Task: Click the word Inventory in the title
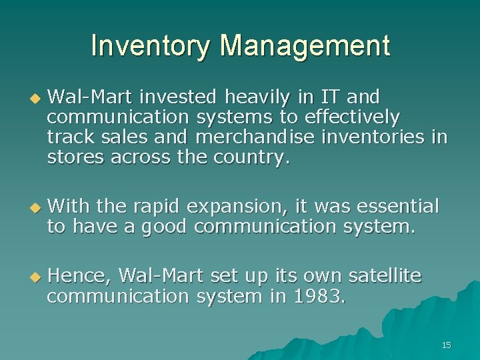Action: click(150, 46)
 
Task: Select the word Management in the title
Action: click(305, 46)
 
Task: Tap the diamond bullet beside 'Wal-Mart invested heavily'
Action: click(35, 99)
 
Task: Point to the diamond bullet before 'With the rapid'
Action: click(35, 208)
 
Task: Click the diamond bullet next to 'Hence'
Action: click(35, 277)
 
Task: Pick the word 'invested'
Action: click(178, 97)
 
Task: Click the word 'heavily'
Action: click(257, 97)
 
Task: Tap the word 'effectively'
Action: click(352, 117)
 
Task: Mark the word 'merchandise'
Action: click(255, 137)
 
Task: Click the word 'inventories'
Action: click(373, 137)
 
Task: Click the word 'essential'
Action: click(398, 206)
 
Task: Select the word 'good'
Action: click(164, 227)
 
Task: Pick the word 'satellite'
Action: click(385, 275)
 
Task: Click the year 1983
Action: click(317, 296)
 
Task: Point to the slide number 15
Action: click(446, 345)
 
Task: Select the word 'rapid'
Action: click(156, 207)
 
